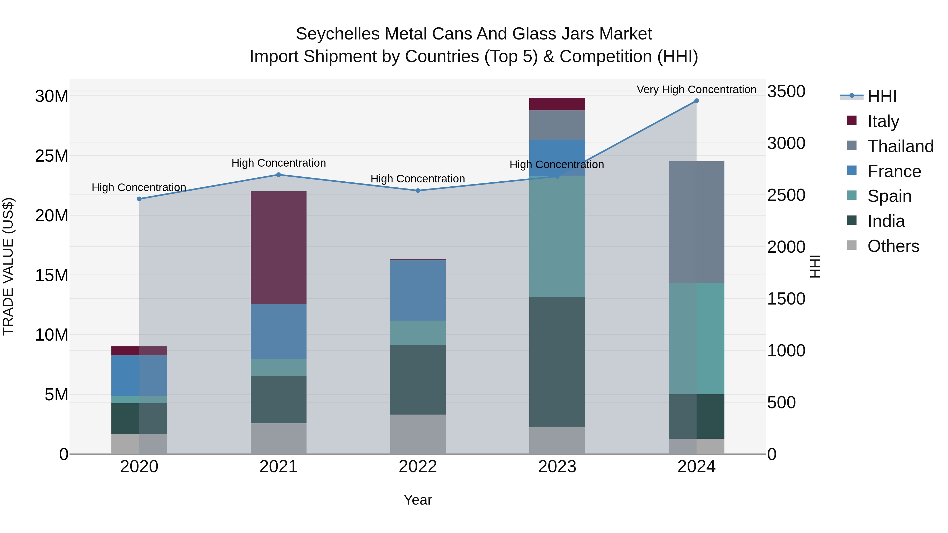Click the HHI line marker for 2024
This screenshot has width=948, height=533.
click(696, 101)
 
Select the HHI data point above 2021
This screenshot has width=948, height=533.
click(279, 175)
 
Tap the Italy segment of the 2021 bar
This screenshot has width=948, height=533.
click(279, 248)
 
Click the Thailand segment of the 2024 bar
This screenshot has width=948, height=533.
click(696, 222)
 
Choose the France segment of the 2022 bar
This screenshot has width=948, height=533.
click(418, 290)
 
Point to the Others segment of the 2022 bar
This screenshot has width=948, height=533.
click(418, 434)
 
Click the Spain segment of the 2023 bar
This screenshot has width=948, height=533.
click(557, 237)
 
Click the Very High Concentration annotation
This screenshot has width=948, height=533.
click(696, 89)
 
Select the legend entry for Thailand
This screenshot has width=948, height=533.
click(900, 146)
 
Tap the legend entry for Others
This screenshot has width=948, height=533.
click(893, 246)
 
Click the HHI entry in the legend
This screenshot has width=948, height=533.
click(882, 96)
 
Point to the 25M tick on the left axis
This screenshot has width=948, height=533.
click(52, 156)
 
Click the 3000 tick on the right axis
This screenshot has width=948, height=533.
click(786, 143)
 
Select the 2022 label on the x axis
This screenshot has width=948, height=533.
click(418, 467)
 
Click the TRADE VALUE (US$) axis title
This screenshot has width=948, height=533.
click(8, 266)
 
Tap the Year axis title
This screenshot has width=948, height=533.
click(418, 500)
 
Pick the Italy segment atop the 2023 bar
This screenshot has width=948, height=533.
click(557, 104)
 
